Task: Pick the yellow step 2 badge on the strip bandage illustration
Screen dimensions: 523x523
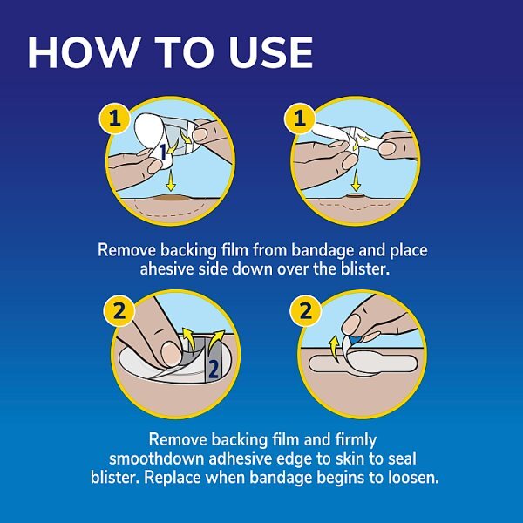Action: coord(298,309)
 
